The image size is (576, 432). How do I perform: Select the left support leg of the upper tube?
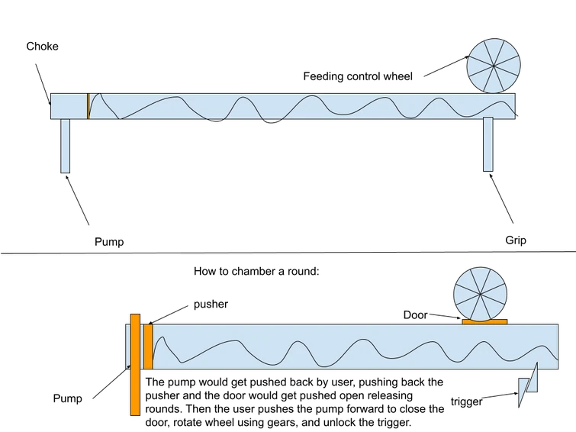click(66, 146)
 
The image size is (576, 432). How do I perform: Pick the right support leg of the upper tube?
click(488, 144)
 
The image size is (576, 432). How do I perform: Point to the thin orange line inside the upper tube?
click(88, 105)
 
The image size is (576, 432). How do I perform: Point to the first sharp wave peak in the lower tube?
click(159, 340)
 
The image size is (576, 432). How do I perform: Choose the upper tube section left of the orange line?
click(69, 106)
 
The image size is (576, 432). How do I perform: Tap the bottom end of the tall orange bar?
click(134, 412)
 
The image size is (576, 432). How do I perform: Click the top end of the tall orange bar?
click(134, 315)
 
